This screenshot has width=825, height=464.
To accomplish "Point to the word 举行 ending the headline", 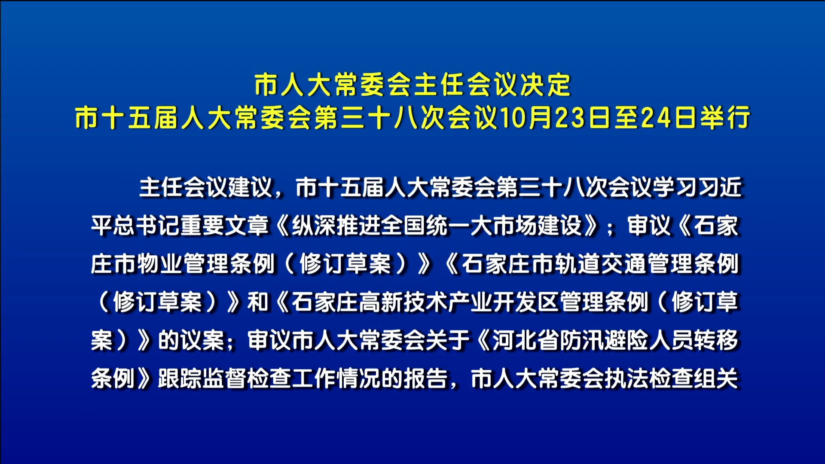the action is tap(725, 117).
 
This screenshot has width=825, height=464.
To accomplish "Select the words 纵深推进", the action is tap(336, 226).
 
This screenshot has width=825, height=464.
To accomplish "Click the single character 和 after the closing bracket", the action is tap(258, 302).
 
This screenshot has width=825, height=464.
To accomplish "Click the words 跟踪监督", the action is tap(202, 379).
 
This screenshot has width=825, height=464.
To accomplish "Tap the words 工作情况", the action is tap(336, 379).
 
